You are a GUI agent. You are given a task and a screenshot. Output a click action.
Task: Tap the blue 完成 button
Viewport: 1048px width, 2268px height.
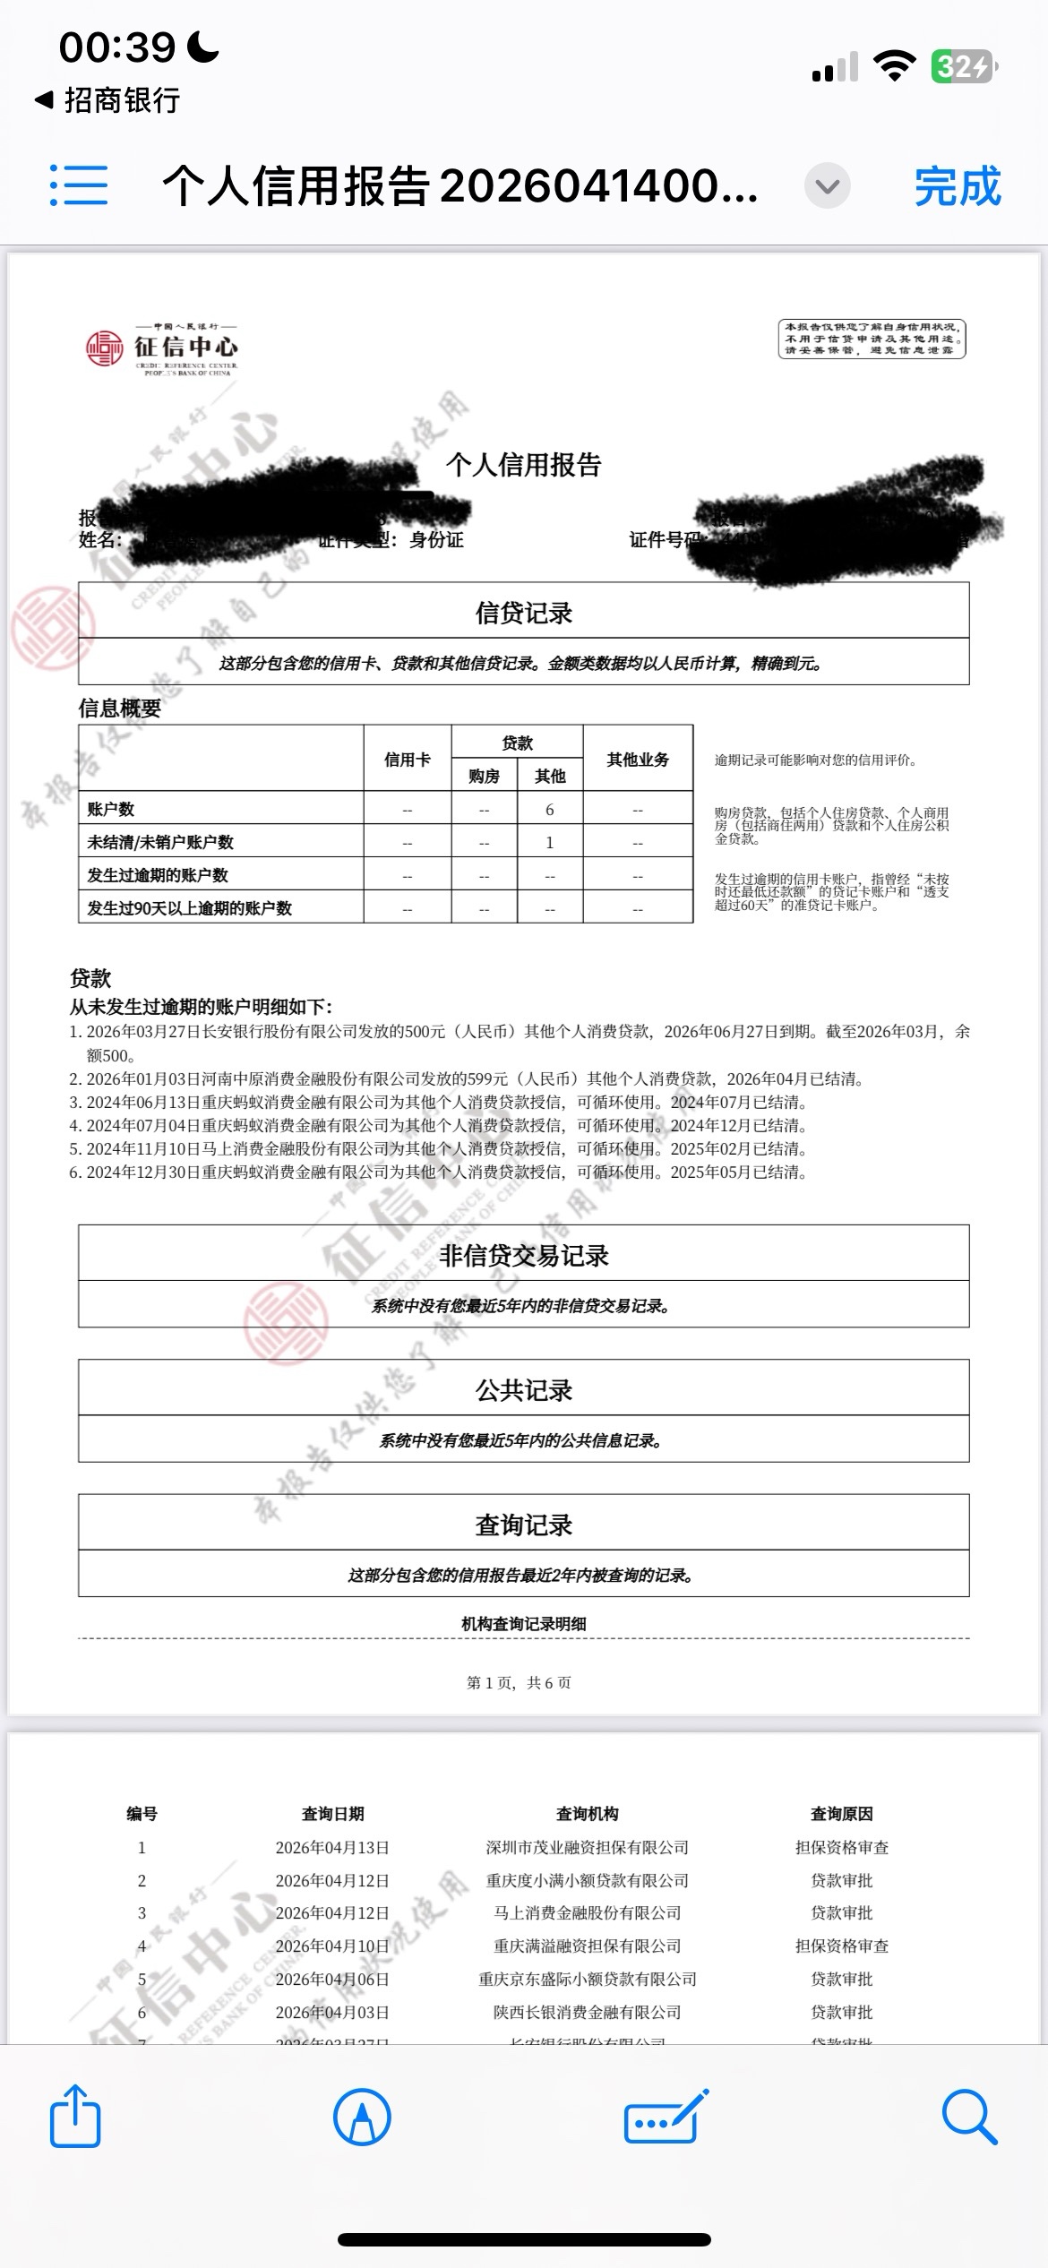pyautogui.click(x=957, y=186)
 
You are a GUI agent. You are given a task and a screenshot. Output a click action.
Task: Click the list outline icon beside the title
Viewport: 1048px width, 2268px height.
pyautogui.click(x=79, y=185)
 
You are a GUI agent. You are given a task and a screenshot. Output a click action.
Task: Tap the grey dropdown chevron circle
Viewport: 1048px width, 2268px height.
pyautogui.click(x=827, y=186)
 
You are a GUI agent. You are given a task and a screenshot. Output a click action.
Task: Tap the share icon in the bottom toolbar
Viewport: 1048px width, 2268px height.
pyautogui.click(x=74, y=2116)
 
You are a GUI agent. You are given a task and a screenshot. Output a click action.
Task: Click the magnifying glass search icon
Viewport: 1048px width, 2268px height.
pyautogui.click(x=969, y=2116)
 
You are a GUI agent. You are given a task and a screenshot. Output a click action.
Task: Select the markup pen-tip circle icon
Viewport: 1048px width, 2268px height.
pyautogui.click(x=362, y=2117)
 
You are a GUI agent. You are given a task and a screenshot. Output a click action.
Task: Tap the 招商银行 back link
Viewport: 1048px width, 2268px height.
pyautogui.click(x=107, y=100)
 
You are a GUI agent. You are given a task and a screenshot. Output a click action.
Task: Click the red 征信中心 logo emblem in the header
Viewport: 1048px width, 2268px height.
pyautogui.click(x=104, y=348)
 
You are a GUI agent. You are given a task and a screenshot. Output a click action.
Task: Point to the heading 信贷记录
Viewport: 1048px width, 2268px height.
pyautogui.click(x=524, y=613)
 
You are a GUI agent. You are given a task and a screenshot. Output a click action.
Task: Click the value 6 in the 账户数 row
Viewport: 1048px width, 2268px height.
pyautogui.click(x=550, y=810)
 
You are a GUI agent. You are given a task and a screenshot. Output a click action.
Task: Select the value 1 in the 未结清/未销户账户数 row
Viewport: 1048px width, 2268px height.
pyautogui.click(x=550, y=842)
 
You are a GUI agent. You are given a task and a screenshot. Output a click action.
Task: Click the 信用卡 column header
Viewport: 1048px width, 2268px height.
pyautogui.click(x=408, y=760)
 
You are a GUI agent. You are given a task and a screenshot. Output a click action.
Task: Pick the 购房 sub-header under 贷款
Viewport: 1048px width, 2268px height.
pyautogui.click(x=484, y=776)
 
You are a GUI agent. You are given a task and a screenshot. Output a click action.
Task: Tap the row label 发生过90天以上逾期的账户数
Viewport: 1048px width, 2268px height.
pyautogui.click(x=189, y=908)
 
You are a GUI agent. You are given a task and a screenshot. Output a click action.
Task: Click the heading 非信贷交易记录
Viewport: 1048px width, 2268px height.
pyautogui.click(x=524, y=1256)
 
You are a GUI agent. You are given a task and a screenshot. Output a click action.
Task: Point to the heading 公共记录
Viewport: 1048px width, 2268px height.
pyautogui.click(x=524, y=1390)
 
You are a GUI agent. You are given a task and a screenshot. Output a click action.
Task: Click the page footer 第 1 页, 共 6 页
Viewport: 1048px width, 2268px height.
pyautogui.click(x=519, y=1683)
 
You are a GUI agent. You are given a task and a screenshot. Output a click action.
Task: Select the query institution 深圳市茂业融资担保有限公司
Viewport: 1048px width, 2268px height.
pyautogui.click(x=587, y=1848)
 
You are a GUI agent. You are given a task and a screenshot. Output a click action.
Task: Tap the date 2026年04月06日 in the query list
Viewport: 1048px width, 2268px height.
pyautogui.click(x=332, y=1980)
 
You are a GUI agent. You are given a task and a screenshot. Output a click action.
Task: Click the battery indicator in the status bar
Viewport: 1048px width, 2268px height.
pyautogui.click(x=964, y=66)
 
